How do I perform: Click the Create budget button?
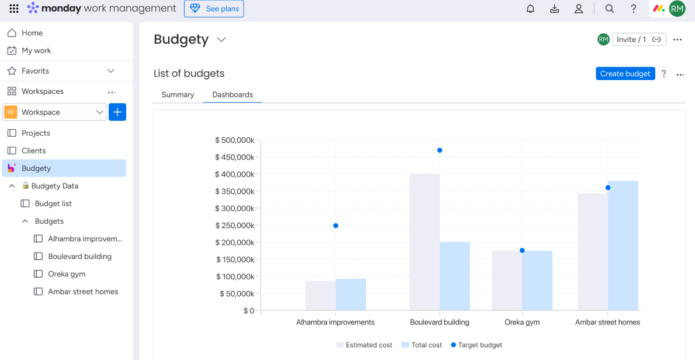coord(625,74)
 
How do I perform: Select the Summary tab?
coord(178,95)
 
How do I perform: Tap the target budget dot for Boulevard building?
coord(440,150)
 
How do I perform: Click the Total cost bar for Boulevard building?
coord(455,276)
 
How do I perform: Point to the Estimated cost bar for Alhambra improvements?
coord(320,296)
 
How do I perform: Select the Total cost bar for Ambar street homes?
coord(623,245)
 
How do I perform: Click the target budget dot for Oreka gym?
coord(522,250)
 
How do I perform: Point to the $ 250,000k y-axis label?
coord(235,226)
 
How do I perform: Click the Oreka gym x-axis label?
coord(522,322)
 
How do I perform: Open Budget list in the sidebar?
coord(53,203)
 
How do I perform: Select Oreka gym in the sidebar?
coord(67,274)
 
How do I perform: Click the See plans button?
coord(214,9)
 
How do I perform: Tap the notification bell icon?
coord(530,9)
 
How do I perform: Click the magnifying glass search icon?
coord(609,9)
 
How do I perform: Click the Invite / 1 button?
coord(638,39)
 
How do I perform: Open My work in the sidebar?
coord(36,51)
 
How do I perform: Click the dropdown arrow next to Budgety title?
coord(221,40)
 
